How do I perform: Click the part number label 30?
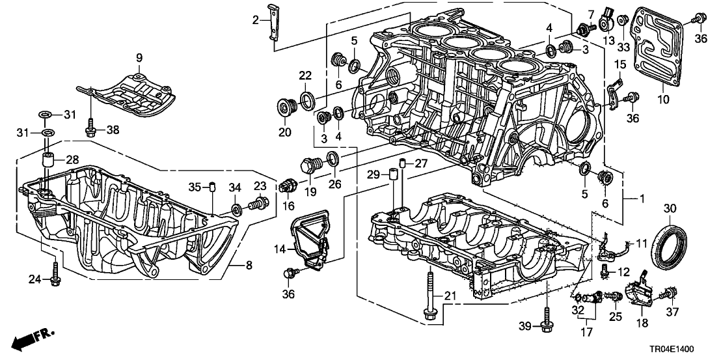(670, 209)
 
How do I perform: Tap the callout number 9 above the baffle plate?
(139, 59)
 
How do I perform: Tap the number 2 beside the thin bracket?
(256, 20)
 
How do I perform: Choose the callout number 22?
(305, 77)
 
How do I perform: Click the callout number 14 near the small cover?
(280, 249)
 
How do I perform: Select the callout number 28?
(71, 159)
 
